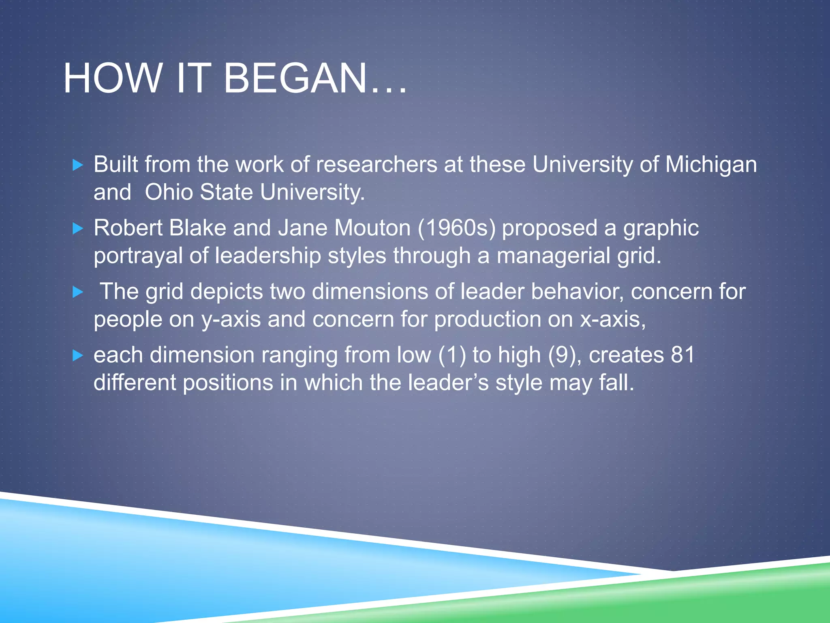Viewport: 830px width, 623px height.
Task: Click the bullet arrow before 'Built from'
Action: [x=77, y=165]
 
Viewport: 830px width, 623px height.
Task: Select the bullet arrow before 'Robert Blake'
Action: [x=77, y=229]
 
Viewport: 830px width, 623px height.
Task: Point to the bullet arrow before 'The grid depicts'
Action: [x=77, y=292]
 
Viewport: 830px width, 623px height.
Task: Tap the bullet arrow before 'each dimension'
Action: [x=77, y=356]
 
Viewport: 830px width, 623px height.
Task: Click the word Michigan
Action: [x=711, y=165]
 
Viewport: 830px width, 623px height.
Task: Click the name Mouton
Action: [x=372, y=228]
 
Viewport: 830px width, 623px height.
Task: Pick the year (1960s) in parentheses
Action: [x=456, y=228]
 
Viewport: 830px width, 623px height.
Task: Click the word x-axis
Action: [x=612, y=320]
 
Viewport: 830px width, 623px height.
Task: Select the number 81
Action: [x=683, y=355]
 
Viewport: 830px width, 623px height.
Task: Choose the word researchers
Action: [x=376, y=165]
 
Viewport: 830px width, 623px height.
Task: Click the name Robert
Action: [x=128, y=228]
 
